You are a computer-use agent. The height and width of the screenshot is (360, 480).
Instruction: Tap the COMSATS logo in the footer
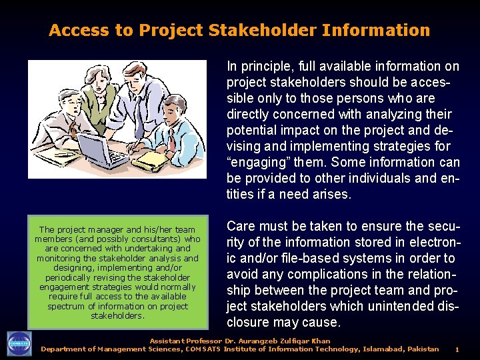click(19, 343)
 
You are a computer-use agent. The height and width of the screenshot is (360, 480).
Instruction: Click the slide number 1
click(457, 349)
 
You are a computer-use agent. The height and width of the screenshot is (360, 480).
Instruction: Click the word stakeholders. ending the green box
click(117, 315)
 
